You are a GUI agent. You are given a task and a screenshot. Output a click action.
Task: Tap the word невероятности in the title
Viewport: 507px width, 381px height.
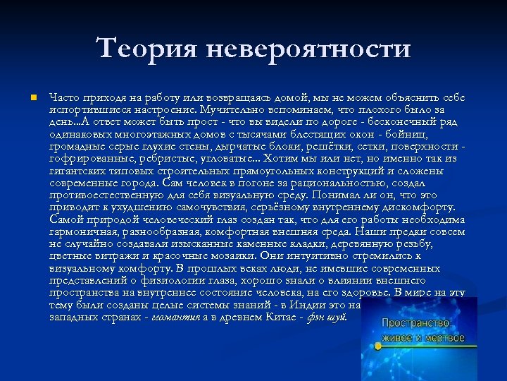[309, 49]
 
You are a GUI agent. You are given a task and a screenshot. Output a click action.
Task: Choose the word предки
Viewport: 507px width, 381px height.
[410, 233]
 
